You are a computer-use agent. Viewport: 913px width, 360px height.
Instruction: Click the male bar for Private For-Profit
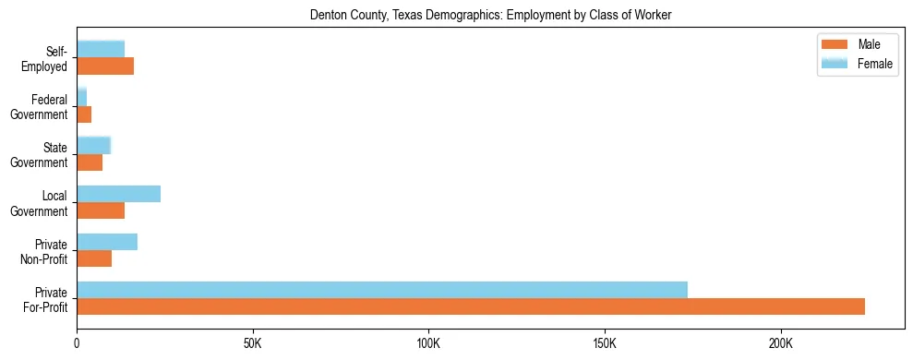pos(471,306)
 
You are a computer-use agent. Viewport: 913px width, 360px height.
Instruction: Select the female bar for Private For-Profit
pos(382,290)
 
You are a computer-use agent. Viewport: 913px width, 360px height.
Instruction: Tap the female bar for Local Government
pos(118,194)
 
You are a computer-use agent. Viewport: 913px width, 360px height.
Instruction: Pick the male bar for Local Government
pos(101,210)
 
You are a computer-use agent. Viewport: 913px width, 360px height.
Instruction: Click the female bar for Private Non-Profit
pos(107,242)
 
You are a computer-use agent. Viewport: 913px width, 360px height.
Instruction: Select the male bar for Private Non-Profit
pos(94,258)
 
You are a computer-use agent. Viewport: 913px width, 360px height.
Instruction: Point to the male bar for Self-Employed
pos(105,66)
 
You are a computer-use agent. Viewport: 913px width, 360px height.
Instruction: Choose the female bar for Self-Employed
pos(101,50)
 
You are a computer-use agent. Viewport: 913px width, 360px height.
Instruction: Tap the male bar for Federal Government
pos(84,114)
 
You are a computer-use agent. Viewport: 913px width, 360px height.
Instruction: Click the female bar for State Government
pos(93,146)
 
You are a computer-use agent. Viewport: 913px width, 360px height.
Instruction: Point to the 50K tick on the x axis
pos(253,343)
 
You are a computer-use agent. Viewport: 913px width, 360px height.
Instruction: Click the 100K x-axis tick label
pos(428,343)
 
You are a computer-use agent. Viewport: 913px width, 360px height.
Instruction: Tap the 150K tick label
pos(605,343)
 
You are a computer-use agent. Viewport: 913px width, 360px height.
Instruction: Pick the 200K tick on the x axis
pos(781,343)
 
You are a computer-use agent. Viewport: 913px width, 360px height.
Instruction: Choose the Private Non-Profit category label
pos(45,251)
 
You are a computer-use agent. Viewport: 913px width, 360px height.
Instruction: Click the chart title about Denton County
pos(490,14)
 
